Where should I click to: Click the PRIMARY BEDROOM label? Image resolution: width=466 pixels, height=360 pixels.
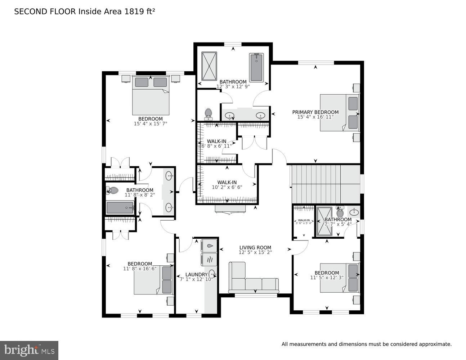(x=315, y=112)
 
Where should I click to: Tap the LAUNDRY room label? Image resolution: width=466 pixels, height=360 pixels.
(x=196, y=274)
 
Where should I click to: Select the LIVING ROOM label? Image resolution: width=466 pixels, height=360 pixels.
(x=255, y=247)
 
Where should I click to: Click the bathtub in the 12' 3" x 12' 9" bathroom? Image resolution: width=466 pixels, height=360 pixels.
(x=256, y=67)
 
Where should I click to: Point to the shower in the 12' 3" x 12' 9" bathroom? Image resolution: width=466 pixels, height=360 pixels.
(x=209, y=66)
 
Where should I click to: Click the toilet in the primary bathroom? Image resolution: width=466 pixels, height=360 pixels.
(x=208, y=114)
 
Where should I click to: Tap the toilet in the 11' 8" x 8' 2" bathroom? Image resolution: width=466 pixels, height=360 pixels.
(x=113, y=190)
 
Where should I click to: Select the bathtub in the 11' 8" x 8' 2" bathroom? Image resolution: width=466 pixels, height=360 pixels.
(x=120, y=208)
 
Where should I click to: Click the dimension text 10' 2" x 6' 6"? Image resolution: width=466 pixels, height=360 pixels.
(x=227, y=187)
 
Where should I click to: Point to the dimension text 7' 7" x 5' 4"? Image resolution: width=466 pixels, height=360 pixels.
(x=338, y=224)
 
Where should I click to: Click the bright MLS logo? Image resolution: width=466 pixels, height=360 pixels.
(x=29, y=350)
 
